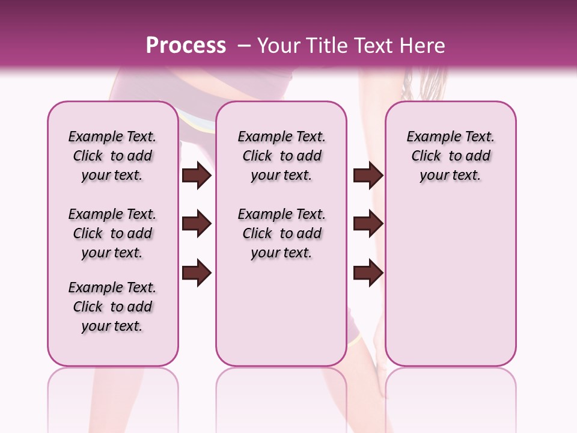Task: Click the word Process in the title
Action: tap(186, 45)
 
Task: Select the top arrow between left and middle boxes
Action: tap(197, 175)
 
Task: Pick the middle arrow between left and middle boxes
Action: tap(197, 224)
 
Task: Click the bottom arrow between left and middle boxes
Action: tap(197, 272)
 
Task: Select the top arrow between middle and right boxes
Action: tap(368, 175)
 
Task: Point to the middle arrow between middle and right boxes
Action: tap(368, 224)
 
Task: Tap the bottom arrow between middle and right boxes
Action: tap(368, 272)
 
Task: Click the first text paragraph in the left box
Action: tap(112, 156)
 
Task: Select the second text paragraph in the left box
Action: tap(112, 233)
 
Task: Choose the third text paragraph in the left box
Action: tap(112, 307)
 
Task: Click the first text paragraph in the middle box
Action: tap(281, 156)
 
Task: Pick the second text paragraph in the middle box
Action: tap(281, 233)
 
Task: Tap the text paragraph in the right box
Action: tap(451, 156)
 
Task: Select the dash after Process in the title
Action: tap(244, 45)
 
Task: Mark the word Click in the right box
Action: tap(426, 156)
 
